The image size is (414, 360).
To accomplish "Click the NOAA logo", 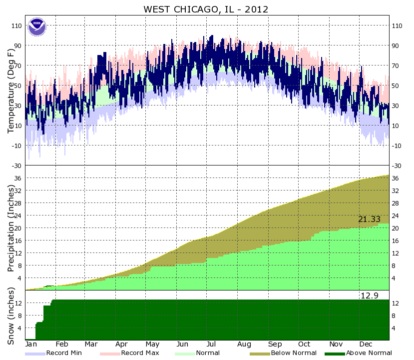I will point(36,27).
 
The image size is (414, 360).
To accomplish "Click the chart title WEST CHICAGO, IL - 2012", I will point(206,9).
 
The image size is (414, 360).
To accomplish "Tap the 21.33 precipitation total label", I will point(369,219).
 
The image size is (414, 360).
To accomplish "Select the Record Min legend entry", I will point(60,353).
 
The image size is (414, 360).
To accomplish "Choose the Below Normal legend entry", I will point(294,353).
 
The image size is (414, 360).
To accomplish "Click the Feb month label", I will point(61,344).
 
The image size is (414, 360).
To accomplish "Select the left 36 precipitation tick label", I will point(19,178).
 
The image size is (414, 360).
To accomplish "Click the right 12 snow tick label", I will point(396,303).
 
